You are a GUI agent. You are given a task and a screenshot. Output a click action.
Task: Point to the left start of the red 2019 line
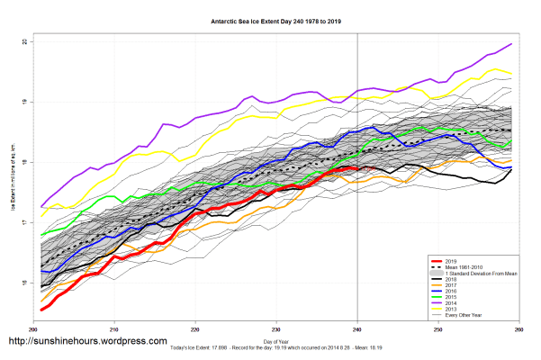(x=41, y=309)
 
